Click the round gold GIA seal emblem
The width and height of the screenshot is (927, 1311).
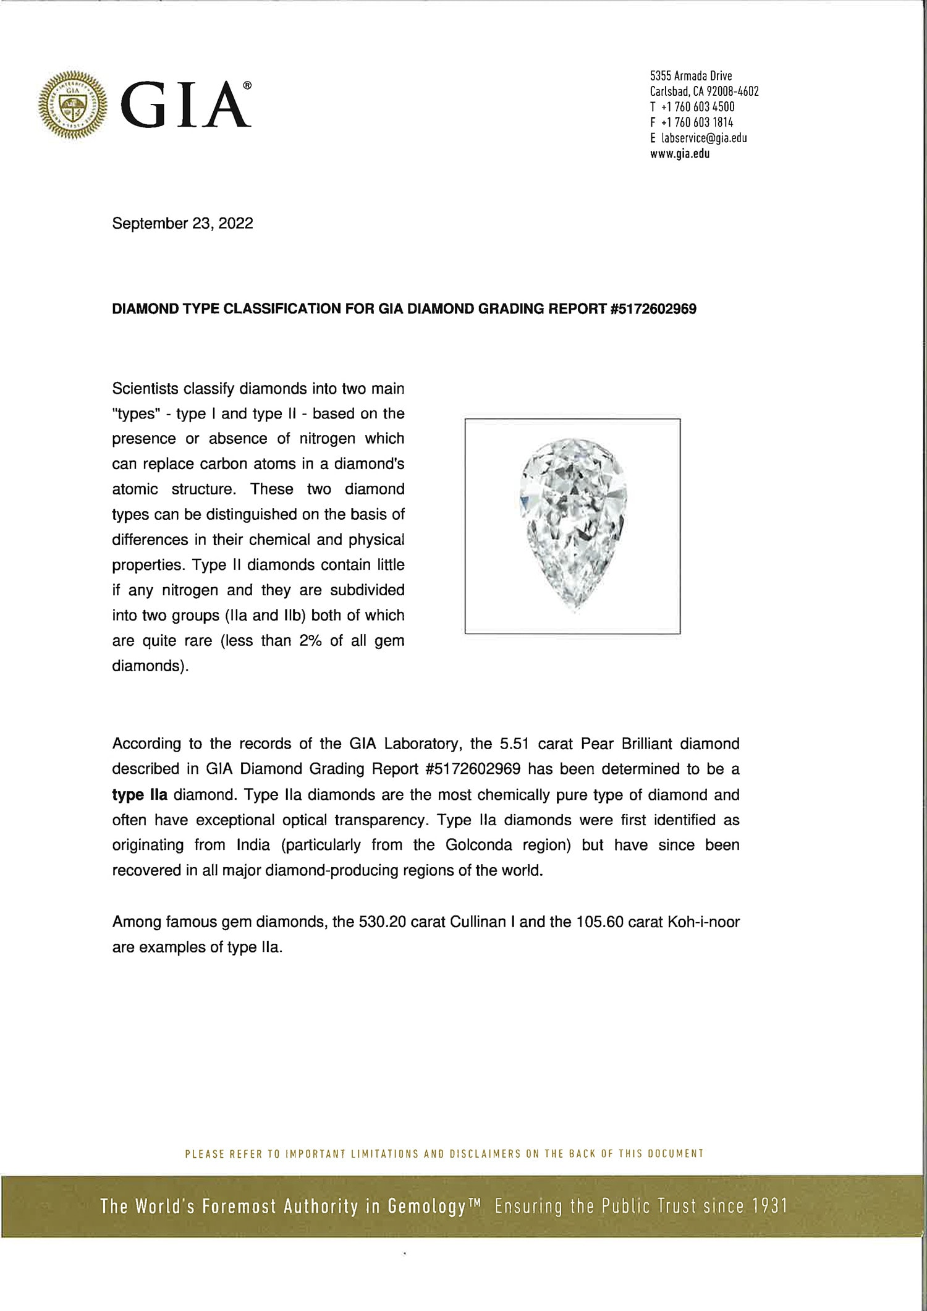(72, 104)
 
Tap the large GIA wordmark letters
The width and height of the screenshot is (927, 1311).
(185, 105)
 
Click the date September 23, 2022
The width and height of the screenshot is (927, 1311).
(182, 224)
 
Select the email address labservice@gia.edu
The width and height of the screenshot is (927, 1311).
(702, 138)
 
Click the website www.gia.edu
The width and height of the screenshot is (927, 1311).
(680, 154)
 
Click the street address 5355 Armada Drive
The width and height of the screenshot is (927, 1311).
(691, 76)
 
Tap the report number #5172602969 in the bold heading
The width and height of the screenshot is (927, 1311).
(653, 310)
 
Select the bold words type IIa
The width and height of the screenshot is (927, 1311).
(140, 795)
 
